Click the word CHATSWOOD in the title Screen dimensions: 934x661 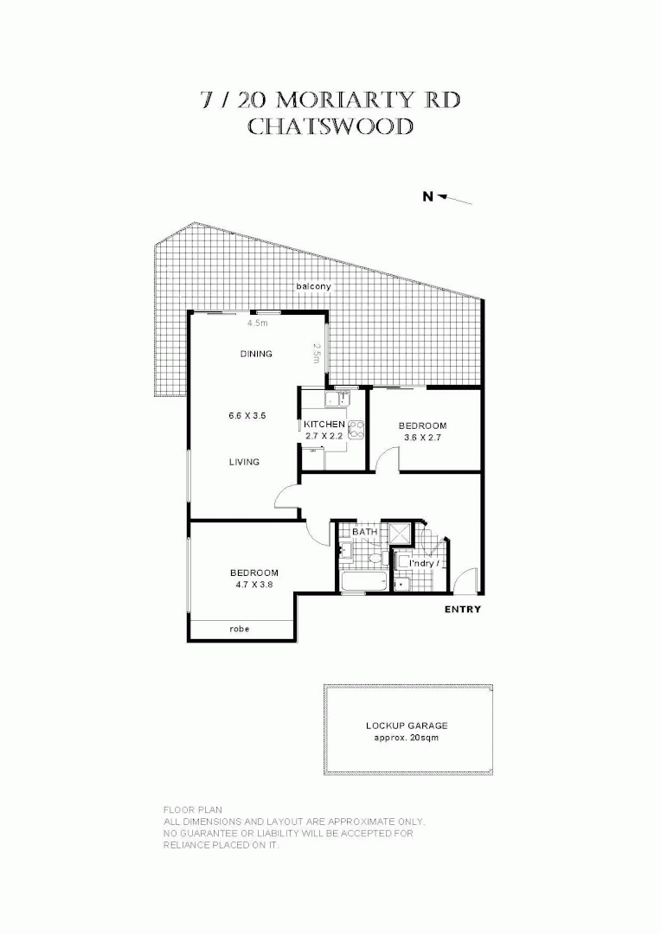coord(330,127)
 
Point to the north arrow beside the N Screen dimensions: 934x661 coord(455,200)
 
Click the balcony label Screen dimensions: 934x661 coord(313,286)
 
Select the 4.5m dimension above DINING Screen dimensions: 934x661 coord(256,323)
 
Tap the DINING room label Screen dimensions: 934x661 coord(256,354)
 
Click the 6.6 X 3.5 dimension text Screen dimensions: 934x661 coord(247,416)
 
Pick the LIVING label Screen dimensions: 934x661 coord(244,462)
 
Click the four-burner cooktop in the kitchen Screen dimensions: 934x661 coord(355,426)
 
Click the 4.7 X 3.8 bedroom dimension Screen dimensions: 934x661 coord(253,585)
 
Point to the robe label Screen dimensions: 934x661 coord(240,629)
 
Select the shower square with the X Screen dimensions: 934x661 coord(401,533)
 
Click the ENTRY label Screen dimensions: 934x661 coord(463,610)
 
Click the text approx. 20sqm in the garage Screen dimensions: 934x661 coord(406,739)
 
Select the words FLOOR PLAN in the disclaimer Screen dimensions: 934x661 coord(187,810)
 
